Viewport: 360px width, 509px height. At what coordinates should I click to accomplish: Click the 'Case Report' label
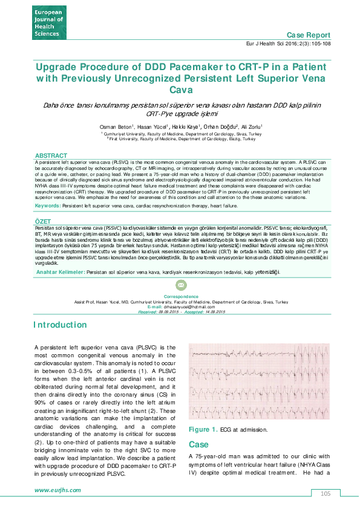(309, 36)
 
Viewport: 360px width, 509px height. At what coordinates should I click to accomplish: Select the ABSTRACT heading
(51, 156)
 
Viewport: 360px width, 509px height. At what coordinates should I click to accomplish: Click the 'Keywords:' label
(47, 206)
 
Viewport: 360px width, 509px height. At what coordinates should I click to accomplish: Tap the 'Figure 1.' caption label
(203, 429)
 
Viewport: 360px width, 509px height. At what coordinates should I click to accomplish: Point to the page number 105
(326, 494)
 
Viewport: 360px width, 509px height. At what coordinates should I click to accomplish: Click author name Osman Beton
(114, 126)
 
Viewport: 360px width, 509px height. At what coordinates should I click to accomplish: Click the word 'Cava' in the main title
(180, 90)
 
